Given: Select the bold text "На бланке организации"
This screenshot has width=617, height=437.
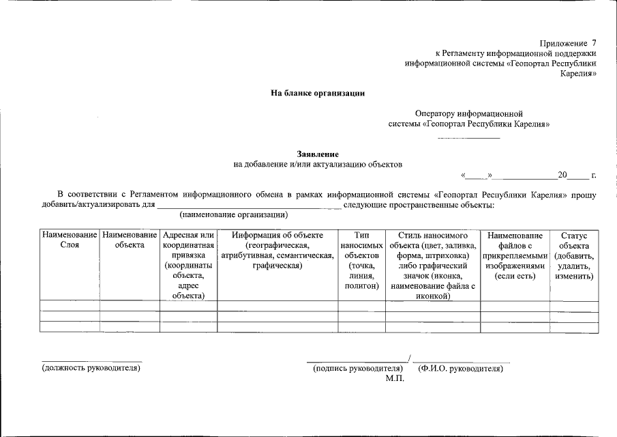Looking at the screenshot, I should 318,94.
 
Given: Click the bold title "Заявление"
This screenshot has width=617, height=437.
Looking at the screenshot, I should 318,154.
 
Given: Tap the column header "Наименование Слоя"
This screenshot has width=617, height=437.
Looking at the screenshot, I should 70,240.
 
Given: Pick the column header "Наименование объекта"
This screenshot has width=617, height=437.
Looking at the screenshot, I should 130,240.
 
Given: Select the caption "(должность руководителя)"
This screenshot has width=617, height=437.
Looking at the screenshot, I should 91,368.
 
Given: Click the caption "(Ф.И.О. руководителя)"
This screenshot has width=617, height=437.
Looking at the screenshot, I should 460,368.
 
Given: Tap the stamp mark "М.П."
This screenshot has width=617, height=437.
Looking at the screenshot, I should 395,378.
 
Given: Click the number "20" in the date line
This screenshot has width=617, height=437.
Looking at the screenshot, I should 562,175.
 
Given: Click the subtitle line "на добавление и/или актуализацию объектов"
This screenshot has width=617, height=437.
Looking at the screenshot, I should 318,165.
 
